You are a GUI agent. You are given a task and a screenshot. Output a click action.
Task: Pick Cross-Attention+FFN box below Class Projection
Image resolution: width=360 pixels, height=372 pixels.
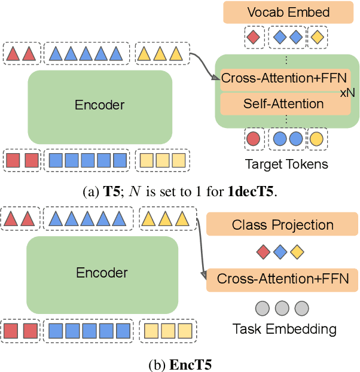(x=282, y=279)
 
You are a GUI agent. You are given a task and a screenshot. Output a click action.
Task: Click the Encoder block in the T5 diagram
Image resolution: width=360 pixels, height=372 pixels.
(x=99, y=105)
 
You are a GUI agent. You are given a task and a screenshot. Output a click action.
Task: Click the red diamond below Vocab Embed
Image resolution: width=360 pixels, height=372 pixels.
(x=254, y=38)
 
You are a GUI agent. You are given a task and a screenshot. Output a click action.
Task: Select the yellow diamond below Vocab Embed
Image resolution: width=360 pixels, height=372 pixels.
(x=317, y=38)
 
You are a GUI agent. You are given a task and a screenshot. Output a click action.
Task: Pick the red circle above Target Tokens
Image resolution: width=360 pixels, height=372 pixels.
(x=254, y=139)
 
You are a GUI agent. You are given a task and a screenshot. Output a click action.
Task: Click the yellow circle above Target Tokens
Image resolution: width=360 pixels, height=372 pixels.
(x=316, y=139)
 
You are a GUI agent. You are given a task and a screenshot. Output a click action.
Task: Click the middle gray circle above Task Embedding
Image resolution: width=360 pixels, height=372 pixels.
(x=282, y=309)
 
